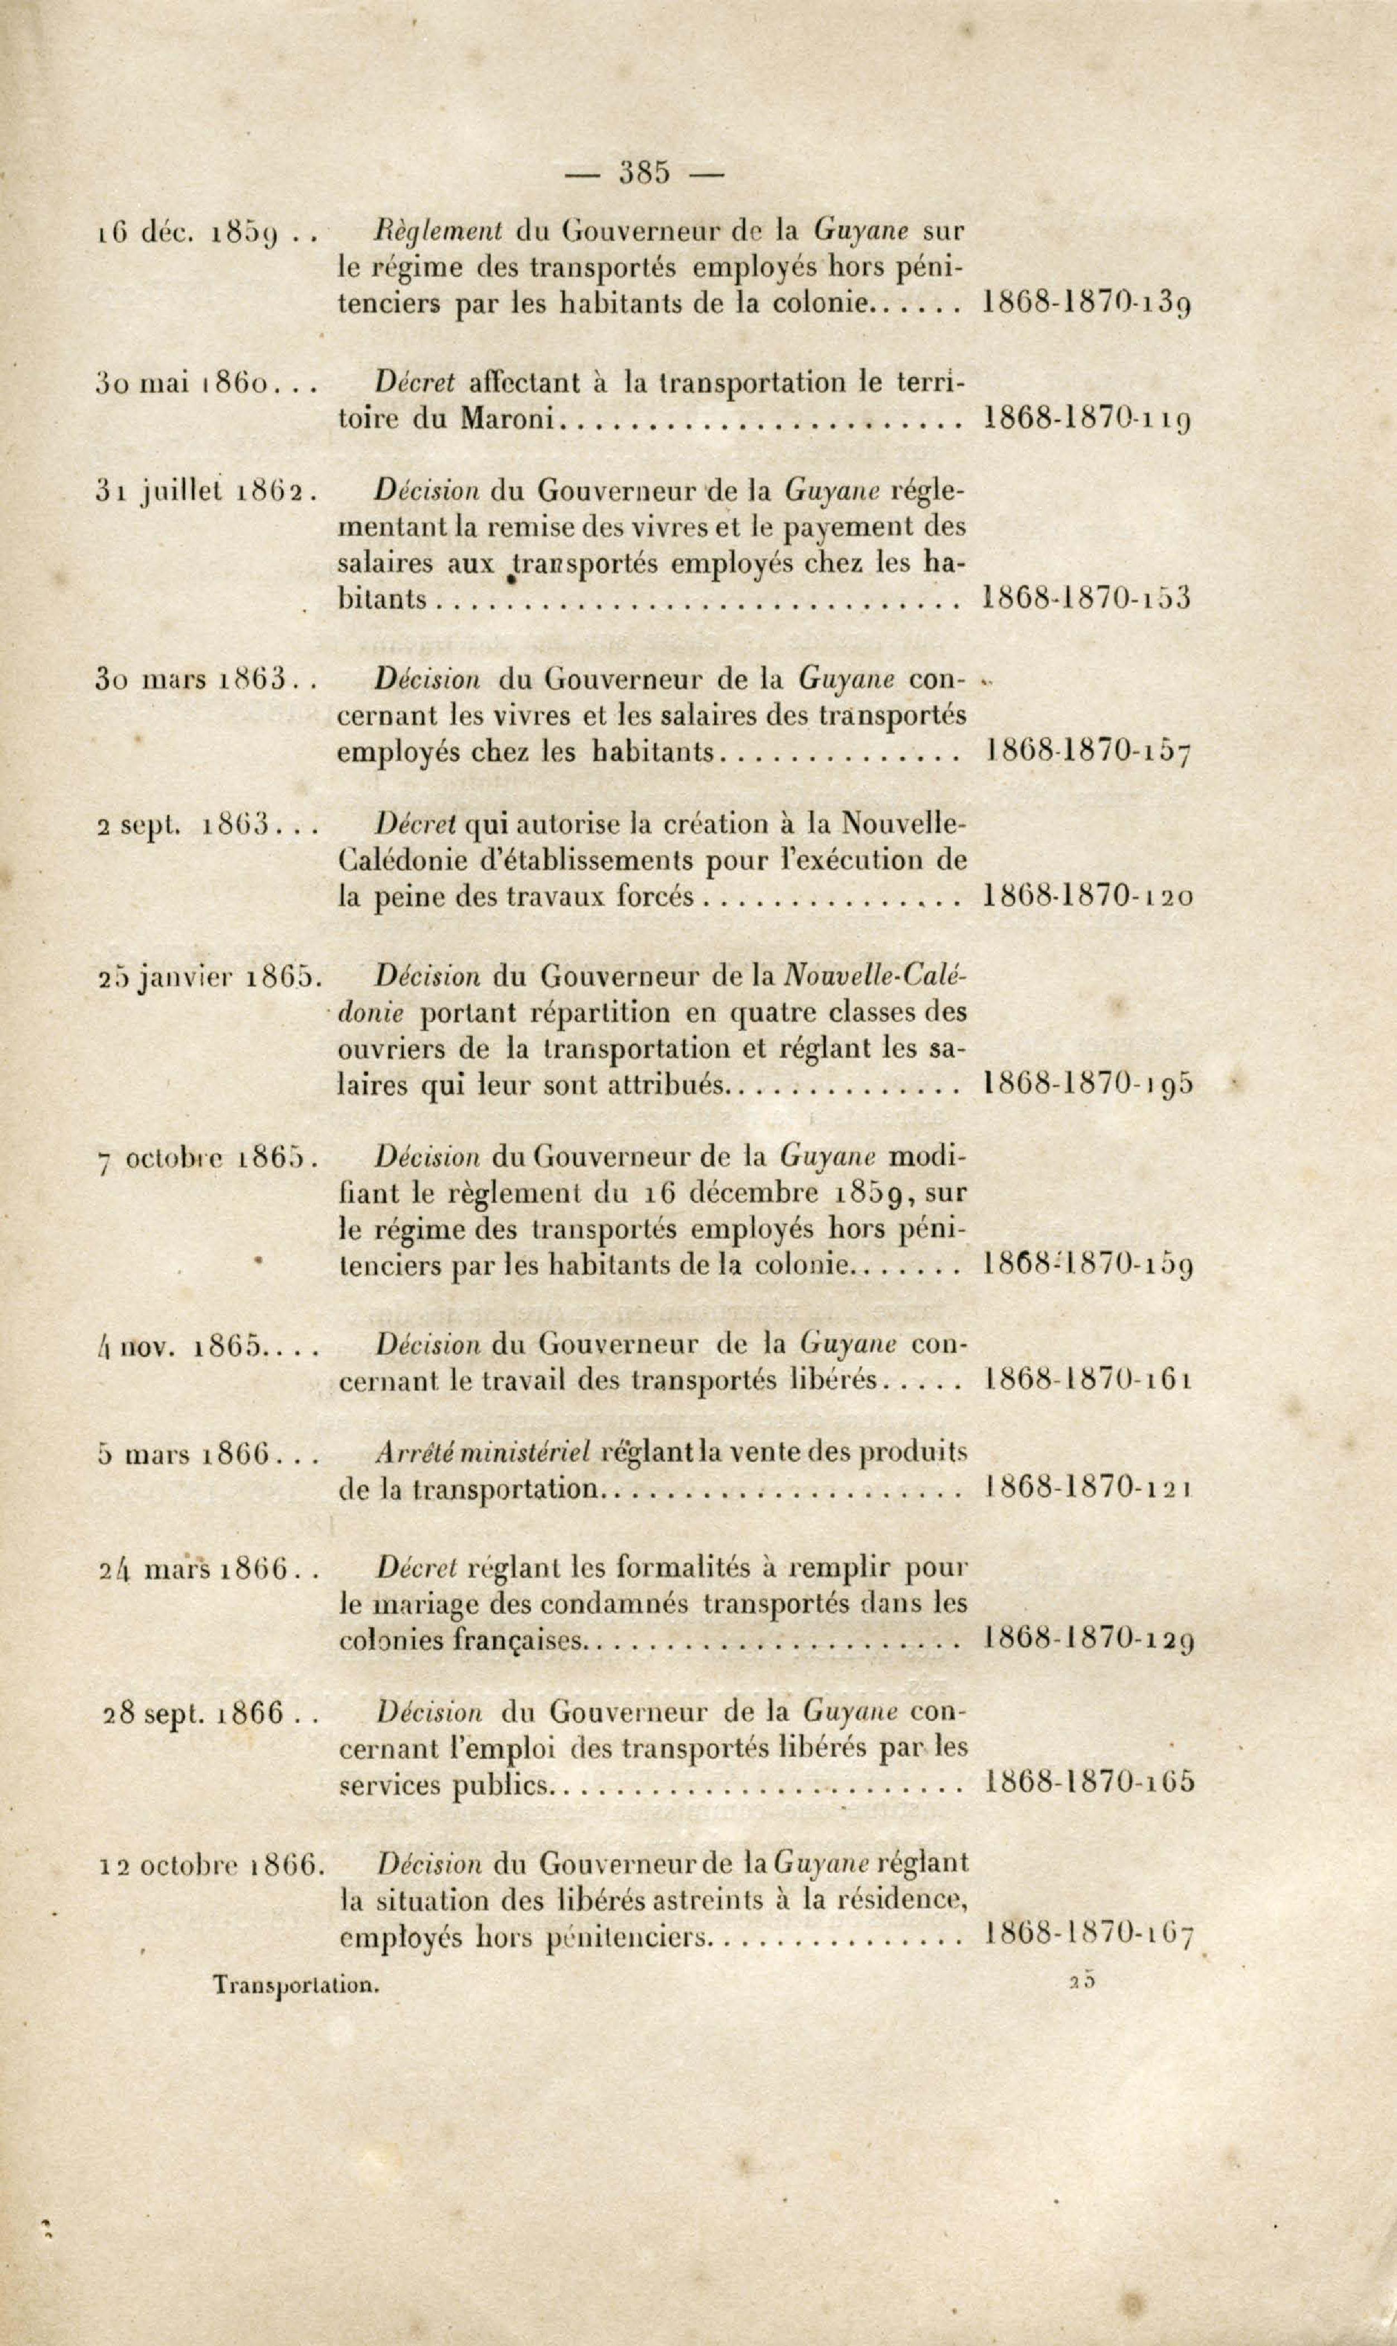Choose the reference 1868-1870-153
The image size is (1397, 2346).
(x=1086, y=598)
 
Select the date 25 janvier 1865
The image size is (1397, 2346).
(x=209, y=979)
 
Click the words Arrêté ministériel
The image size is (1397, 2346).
(x=482, y=1454)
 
